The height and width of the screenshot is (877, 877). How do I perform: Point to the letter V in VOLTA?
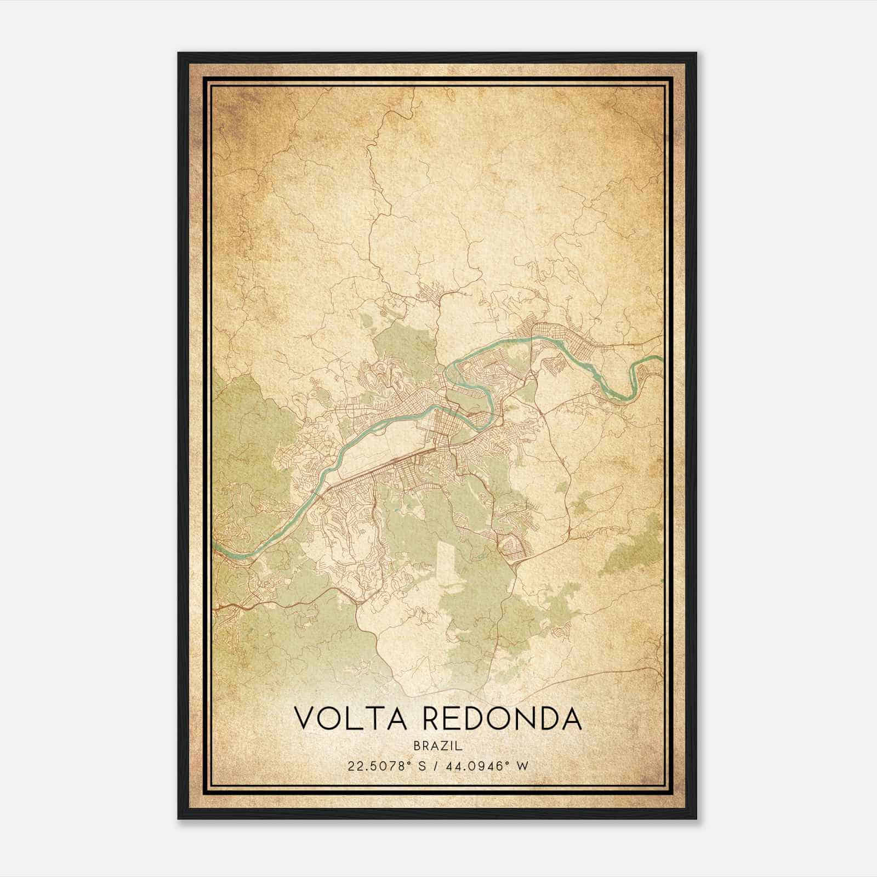click(305, 719)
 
